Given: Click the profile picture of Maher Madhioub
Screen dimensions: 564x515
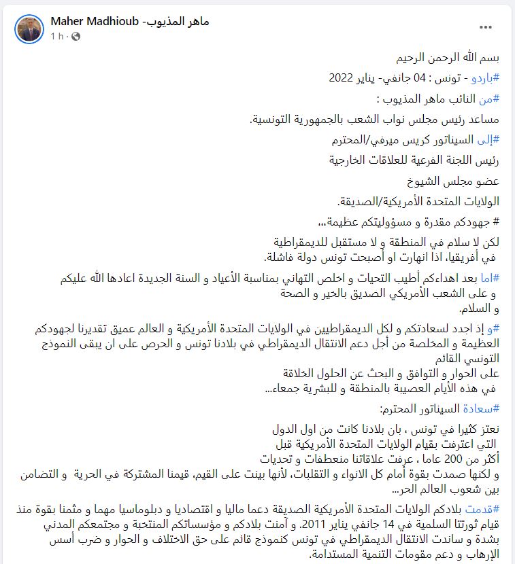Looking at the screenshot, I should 29,28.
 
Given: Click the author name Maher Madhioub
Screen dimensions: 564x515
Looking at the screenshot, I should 130,21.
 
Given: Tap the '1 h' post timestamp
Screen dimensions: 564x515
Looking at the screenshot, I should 57,36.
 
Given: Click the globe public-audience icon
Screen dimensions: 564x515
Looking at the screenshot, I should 76,36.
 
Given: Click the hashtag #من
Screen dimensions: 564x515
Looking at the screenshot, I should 491,99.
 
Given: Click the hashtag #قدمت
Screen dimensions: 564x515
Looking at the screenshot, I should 482,509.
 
